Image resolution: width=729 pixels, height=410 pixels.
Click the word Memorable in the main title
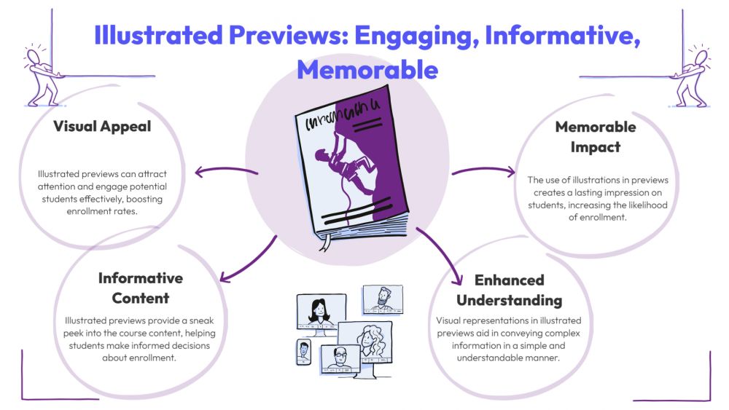tap(367, 69)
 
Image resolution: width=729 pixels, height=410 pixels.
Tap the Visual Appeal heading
tap(102, 126)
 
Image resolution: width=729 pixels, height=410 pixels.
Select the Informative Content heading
tap(141, 288)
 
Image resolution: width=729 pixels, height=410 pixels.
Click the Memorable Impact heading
tap(596, 136)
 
